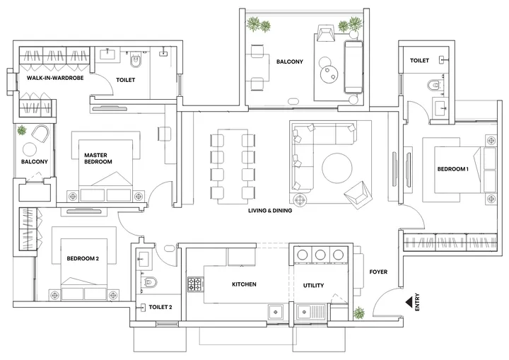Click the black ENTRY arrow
pyautogui.click(x=409, y=302)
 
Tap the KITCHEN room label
pyautogui.click(x=244, y=285)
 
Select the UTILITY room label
pyautogui.click(x=313, y=285)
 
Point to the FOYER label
pyautogui.click(x=379, y=272)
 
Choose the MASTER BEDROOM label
pyautogui.click(x=98, y=158)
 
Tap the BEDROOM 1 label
pyautogui.click(x=452, y=169)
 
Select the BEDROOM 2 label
pyautogui.click(x=82, y=259)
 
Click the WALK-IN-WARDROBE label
pyautogui.click(x=55, y=79)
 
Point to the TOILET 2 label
pyautogui.click(x=160, y=308)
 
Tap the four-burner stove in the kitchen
pyautogui.click(x=194, y=285)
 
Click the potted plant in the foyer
pyautogui.click(x=359, y=313)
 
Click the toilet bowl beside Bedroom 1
pyautogui.click(x=435, y=87)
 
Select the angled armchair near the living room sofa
pyautogui.click(x=356, y=191)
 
